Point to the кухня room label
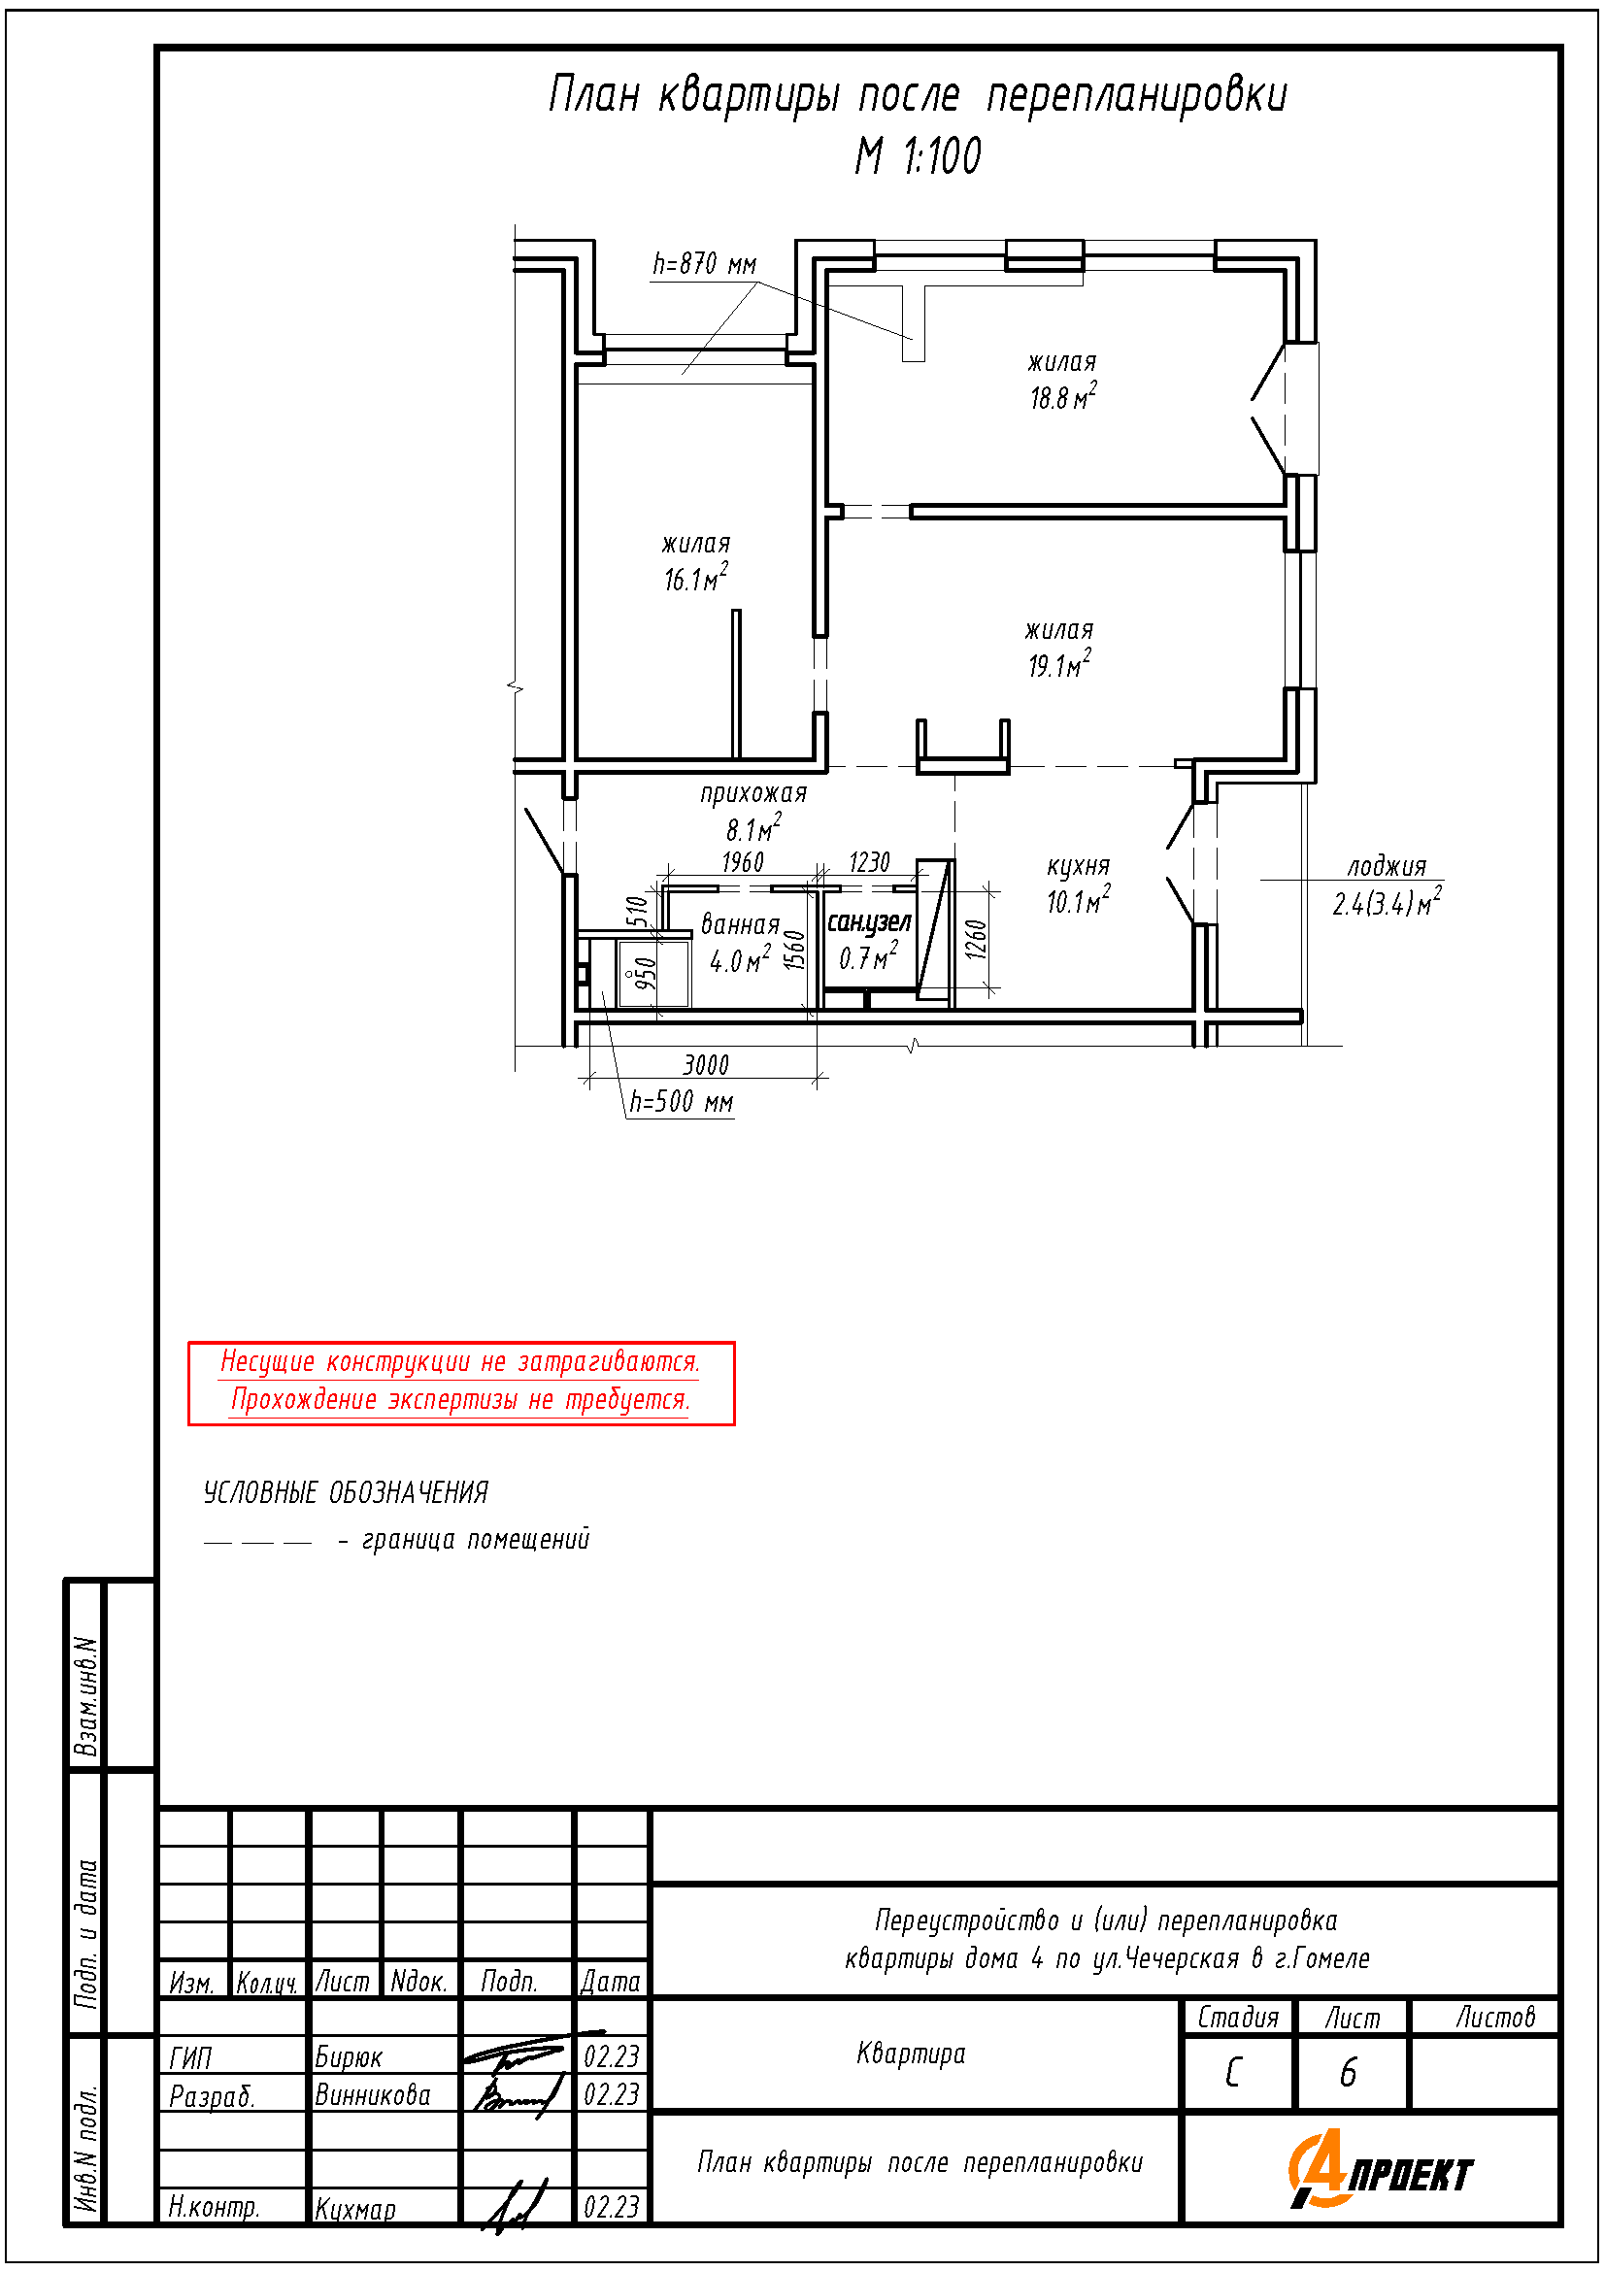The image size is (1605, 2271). (1078, 867)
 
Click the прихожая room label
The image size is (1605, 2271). (753, 793)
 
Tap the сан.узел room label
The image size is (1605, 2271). (868, 922)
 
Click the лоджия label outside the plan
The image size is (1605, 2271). (1387, 867)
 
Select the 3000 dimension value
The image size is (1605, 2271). (706, 1065)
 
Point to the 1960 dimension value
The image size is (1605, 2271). (743, 862)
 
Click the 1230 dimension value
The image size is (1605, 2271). (869, 862)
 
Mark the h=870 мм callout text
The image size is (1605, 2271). (704, 264)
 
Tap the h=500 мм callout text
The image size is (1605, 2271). (682, 1102)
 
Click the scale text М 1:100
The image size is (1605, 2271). (919, 156)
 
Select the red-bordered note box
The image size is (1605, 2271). (462, 1384)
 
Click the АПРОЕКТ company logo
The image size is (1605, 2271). (1380, 2169)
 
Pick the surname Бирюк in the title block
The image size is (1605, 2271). (349, 2057)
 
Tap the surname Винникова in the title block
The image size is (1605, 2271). (373, 2095)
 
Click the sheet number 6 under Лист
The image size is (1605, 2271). (1348, 2072)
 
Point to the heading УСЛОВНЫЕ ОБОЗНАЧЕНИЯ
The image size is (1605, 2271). (346, 1492)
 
